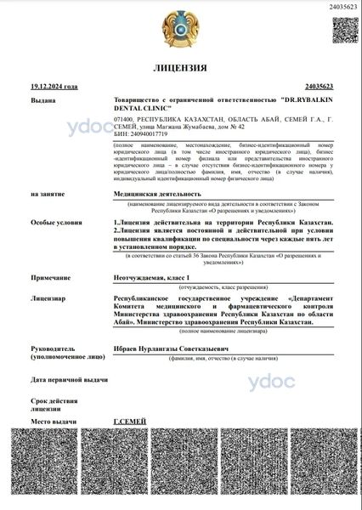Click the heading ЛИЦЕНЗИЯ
pyautogui.click(x=180, y=67)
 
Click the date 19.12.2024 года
pyautogui.click(x=54, y=87)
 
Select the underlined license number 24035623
pyautogui.click(x=317, y=87)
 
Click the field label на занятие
pyautogui.click(x=48, y=195)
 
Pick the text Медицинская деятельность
pyautogui.click(x=157, y=195)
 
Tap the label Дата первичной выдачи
pyautogui.click(x=69, y=380)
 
